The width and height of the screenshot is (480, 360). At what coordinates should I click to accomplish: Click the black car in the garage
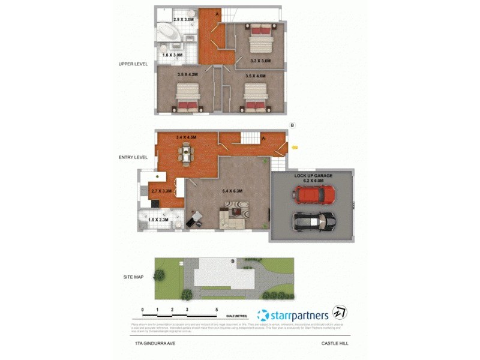tap(313, 222)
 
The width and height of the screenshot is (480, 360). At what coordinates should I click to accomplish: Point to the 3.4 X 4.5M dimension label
tap(187, 138)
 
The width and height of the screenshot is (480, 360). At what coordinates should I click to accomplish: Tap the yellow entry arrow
tap(294, 146)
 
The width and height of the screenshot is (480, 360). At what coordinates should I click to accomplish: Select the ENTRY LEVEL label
tap(133, 157)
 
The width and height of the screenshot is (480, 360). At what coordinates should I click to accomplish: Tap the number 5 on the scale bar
tap(217, 310)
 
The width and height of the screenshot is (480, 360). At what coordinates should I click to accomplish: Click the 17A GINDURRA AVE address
tap(155, 344)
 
